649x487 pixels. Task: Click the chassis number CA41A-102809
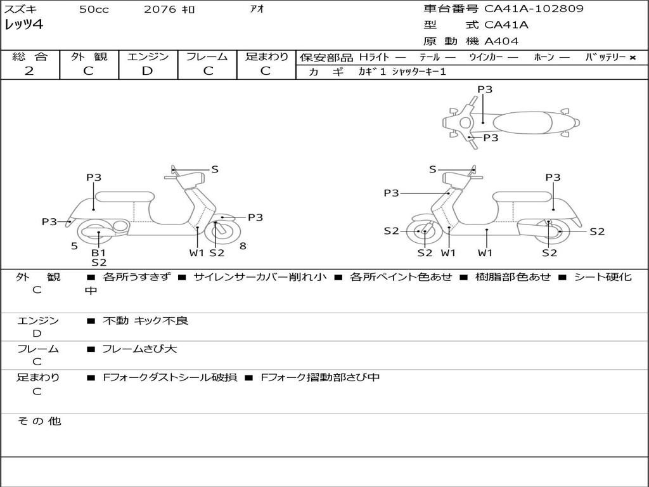point(534,9)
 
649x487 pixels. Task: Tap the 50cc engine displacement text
point(94,10)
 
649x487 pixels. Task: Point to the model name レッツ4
point(23,25)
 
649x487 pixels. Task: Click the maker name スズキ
point(20,10)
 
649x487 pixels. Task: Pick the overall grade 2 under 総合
point(29,71)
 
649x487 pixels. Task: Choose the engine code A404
point(501,41)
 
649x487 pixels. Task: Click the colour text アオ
point(257,10)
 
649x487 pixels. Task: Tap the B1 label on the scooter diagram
point(99,252)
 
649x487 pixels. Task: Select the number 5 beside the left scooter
point(74,246)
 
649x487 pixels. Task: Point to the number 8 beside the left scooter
point(243,246)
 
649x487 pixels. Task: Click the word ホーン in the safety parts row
point(544,57)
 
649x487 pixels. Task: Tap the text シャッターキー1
point(419,72)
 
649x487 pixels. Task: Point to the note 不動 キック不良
point(146,321)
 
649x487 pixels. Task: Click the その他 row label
point(39,421)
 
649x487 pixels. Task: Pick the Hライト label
point(374,57)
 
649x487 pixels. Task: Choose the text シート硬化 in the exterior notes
point(602,277)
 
